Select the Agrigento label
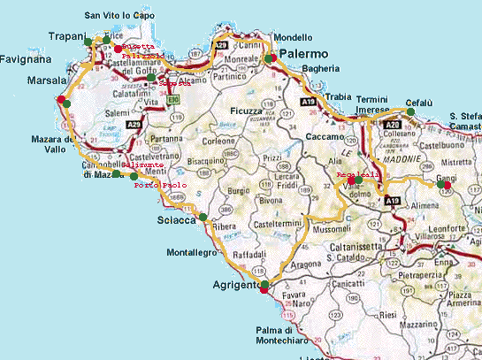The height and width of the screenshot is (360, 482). [234, 286]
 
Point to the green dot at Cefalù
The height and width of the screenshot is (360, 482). [395, 111]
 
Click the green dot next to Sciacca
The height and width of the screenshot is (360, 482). [203, 217]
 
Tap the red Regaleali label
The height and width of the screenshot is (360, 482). [357, 175]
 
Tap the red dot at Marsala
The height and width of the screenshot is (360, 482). [60, 100]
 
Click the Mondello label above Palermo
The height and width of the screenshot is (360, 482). [293, 37]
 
